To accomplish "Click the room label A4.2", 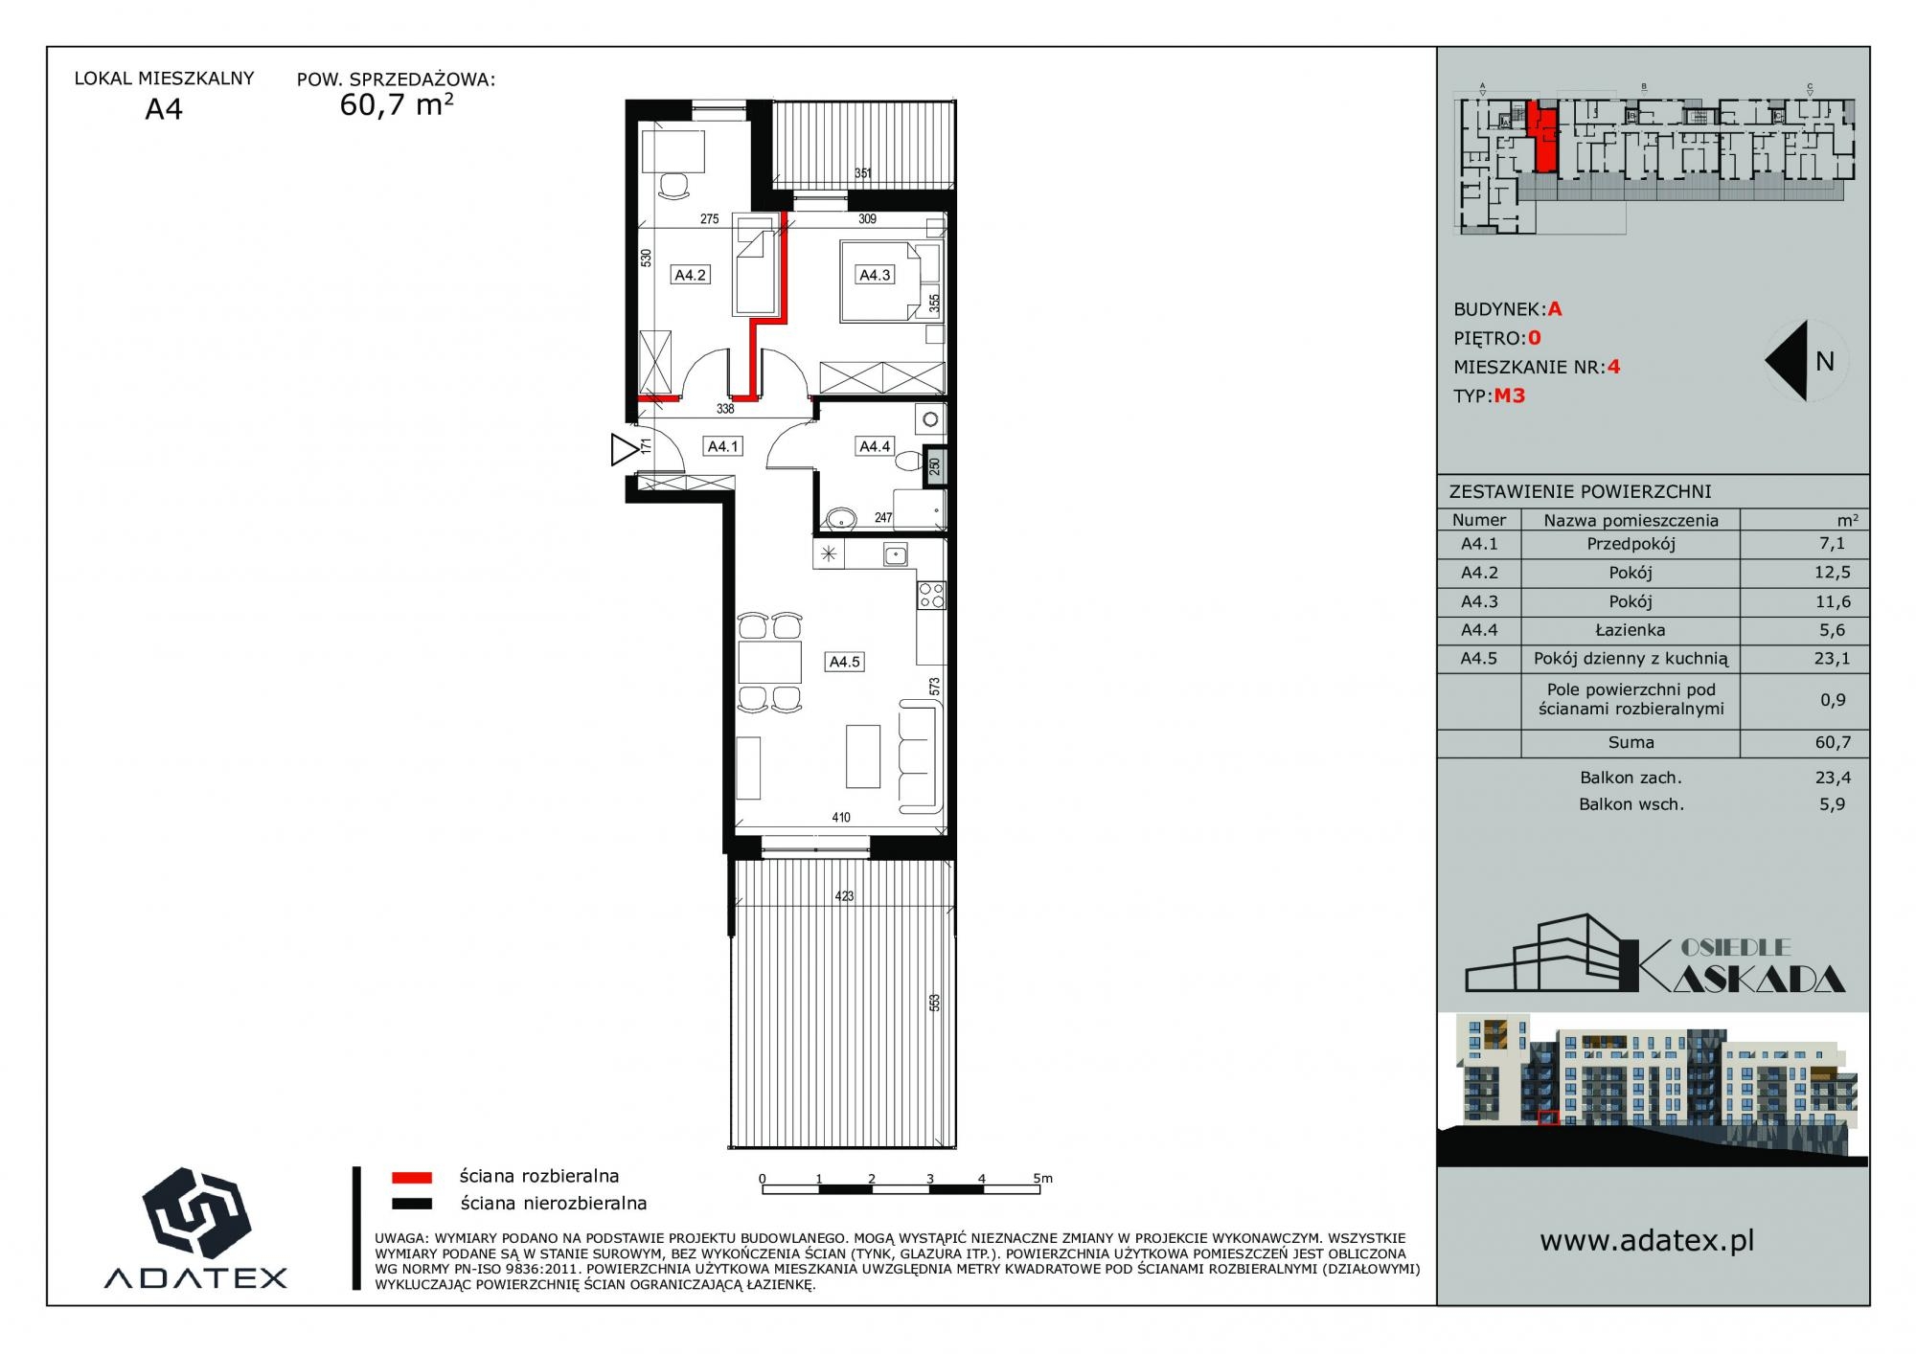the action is [690, 275].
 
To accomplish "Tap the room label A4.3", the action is [874, 275].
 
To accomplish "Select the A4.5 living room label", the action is [844, 662].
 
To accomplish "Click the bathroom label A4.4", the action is [874, 446].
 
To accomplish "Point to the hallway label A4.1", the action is [722, 446].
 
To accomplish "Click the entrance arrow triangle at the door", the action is [624, 450].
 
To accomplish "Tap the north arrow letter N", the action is [1824, 361].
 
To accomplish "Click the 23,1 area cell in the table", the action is [1832, 659].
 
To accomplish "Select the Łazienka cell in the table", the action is [1631, 630].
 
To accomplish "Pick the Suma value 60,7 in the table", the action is [1832, 742].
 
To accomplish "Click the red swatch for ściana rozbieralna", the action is [412, 1177].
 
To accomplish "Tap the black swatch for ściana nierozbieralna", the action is [412, 1204].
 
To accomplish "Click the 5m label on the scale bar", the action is [1042, 1178].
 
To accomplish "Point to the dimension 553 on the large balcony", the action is [934, 1003].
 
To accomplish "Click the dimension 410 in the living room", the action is [841, 818].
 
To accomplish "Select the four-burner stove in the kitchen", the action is [931, 596].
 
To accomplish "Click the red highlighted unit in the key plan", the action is [1541, 138].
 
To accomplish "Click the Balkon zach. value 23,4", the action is [1832, 779].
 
